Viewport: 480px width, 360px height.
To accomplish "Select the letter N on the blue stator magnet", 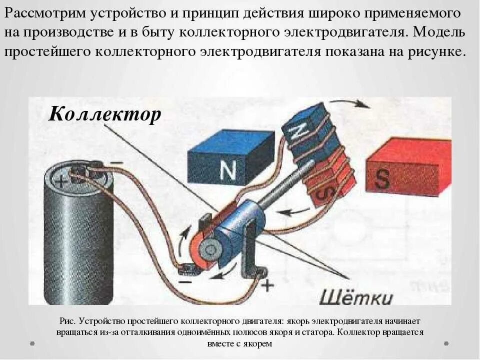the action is (228, 170).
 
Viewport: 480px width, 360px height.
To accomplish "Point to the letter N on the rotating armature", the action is (297, 132).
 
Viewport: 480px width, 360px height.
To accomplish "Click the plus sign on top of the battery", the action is (61, 181).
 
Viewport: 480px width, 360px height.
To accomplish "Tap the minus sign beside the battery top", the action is (116, 163).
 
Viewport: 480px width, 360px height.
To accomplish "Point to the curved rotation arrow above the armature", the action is (350, 102).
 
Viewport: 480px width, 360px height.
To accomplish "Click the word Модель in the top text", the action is (442, 32).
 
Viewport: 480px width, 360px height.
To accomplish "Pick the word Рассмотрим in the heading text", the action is (45, 13).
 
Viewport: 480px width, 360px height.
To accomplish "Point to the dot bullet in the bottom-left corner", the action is (32, 343).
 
